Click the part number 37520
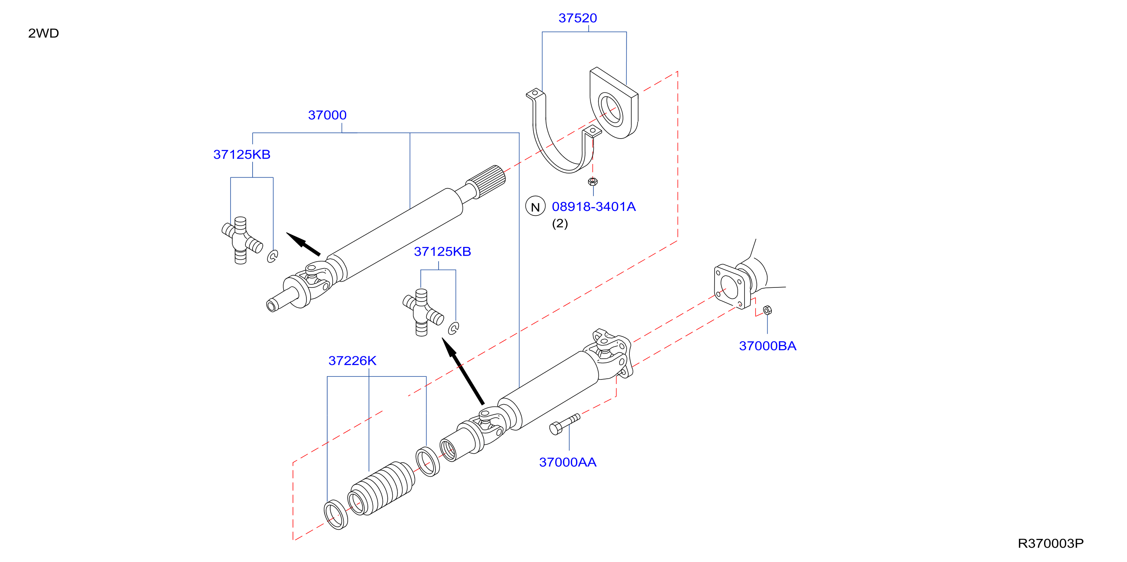pos(578,18)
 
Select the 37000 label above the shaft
pos(327,115)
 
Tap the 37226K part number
pos(352,361)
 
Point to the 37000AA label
pos(567,462)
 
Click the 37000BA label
pos(767,346)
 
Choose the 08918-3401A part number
pos(594,206)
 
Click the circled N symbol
pos(535,206)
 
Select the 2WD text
pos(43,33)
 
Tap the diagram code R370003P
pos(1051,543)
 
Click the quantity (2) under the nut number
pos(560,223)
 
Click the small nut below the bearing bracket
pos(593,181)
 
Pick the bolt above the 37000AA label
pos(564,424)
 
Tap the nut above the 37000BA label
pos(767,310)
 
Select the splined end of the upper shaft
pos(485,181)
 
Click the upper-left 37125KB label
pos(242,155)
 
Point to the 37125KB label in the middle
pos(442,251)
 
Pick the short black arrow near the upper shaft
pos(303,244)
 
